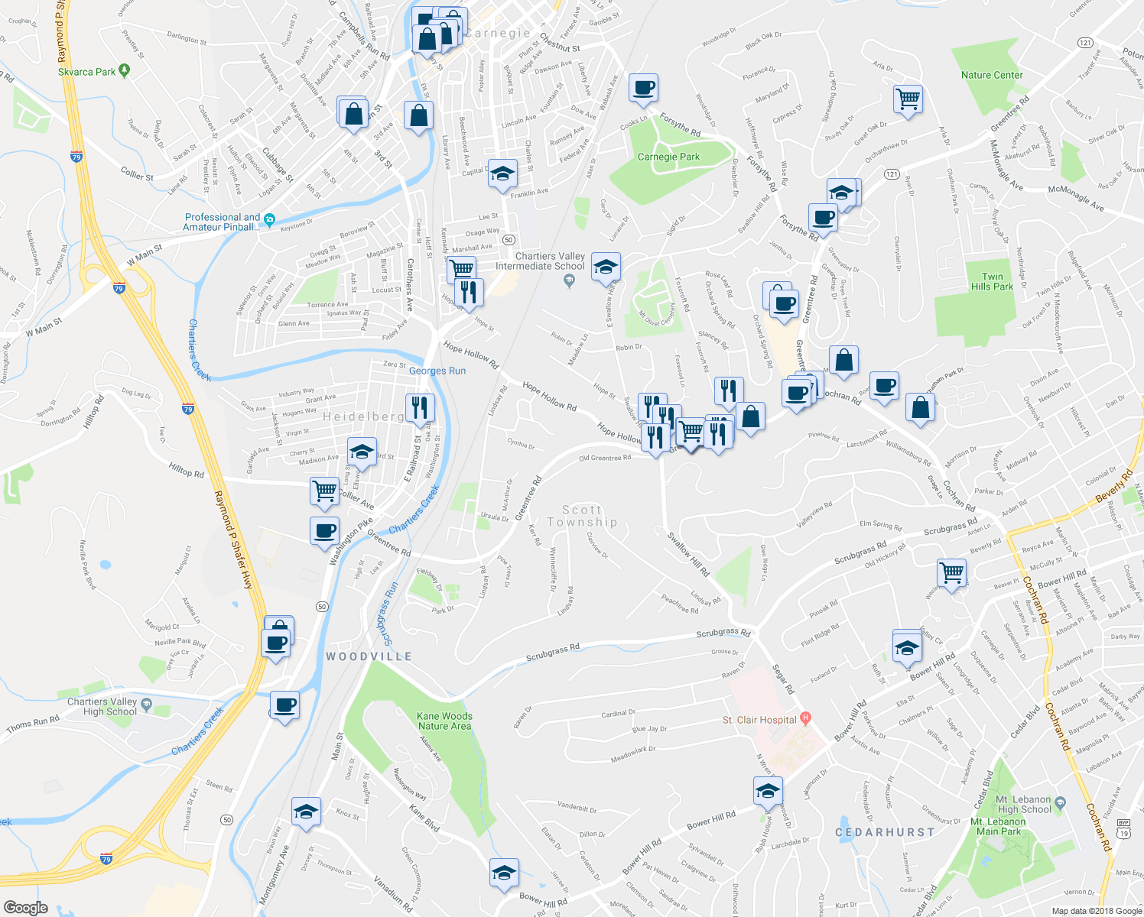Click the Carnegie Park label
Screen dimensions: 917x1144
click(668, 157)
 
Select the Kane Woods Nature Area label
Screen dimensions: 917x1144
click(444, 721)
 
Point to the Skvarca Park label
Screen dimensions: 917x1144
click(87, 72)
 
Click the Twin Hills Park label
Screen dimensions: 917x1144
click(992, 282)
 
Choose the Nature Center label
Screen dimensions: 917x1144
click(992, 75)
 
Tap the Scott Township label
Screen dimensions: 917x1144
click(582, 516)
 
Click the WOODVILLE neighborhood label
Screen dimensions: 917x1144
click(369, 656)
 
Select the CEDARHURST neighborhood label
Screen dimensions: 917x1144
click(885, 831)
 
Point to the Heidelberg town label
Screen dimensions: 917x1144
click(364, 416)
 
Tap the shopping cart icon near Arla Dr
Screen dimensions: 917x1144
click(908, 99)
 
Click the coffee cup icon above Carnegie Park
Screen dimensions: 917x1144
click(643, 88)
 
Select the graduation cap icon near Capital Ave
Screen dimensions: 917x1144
click(502, 175)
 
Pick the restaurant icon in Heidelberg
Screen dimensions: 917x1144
click(420, 407)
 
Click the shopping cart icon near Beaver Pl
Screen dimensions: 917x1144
click(952, 572)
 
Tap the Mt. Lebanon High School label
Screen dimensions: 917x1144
click(1025, 805)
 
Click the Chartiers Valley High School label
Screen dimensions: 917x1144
click(102, 706)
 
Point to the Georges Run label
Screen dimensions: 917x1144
click(437, 371)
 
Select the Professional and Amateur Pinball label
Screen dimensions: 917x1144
click(223, 222)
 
